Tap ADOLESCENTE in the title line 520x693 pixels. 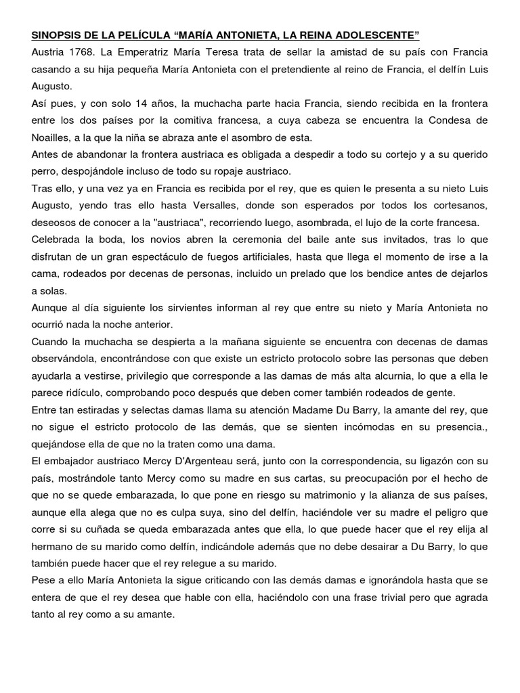click(x=380, y=35)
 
